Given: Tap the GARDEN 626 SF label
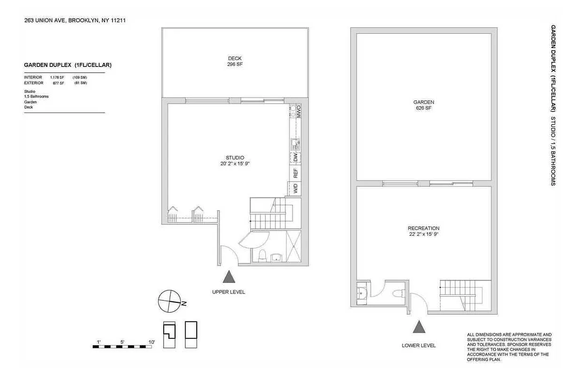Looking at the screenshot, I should click(423, 105).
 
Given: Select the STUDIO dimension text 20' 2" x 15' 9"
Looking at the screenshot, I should click(234, 164).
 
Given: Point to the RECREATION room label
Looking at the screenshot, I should click(423, 228).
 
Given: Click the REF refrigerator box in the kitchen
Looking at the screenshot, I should click(296, 173).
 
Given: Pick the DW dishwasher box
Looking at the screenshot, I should click(296, 158).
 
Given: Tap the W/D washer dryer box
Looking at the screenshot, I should click(296, 188).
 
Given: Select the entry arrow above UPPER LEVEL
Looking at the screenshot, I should click(229, 277).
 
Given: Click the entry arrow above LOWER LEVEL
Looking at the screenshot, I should click(418, 326).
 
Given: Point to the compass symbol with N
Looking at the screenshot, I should click(169, 301).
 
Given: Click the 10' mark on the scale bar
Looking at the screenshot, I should click(151, 342).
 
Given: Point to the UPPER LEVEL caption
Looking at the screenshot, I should click(228, 292).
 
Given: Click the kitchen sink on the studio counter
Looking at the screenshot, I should click(294, 142).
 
